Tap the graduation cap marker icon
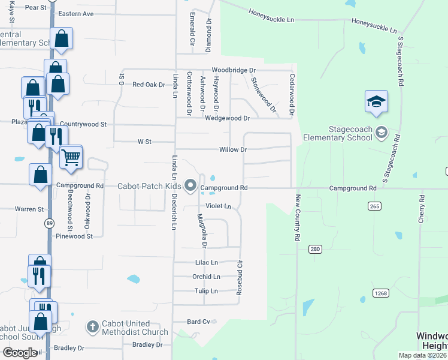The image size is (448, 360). coord(376,101)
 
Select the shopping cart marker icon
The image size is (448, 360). coord(71,157)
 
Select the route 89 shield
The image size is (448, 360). coord(48,223)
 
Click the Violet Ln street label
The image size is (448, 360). coord(218,206)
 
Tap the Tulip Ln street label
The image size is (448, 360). coord(206,291)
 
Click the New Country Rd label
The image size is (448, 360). coord(297,218)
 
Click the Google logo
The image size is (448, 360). coord(20,353)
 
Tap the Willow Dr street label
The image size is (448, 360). coord(233,149)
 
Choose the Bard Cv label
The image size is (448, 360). coord(198,322)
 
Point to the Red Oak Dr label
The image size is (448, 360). coord(149,85)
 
